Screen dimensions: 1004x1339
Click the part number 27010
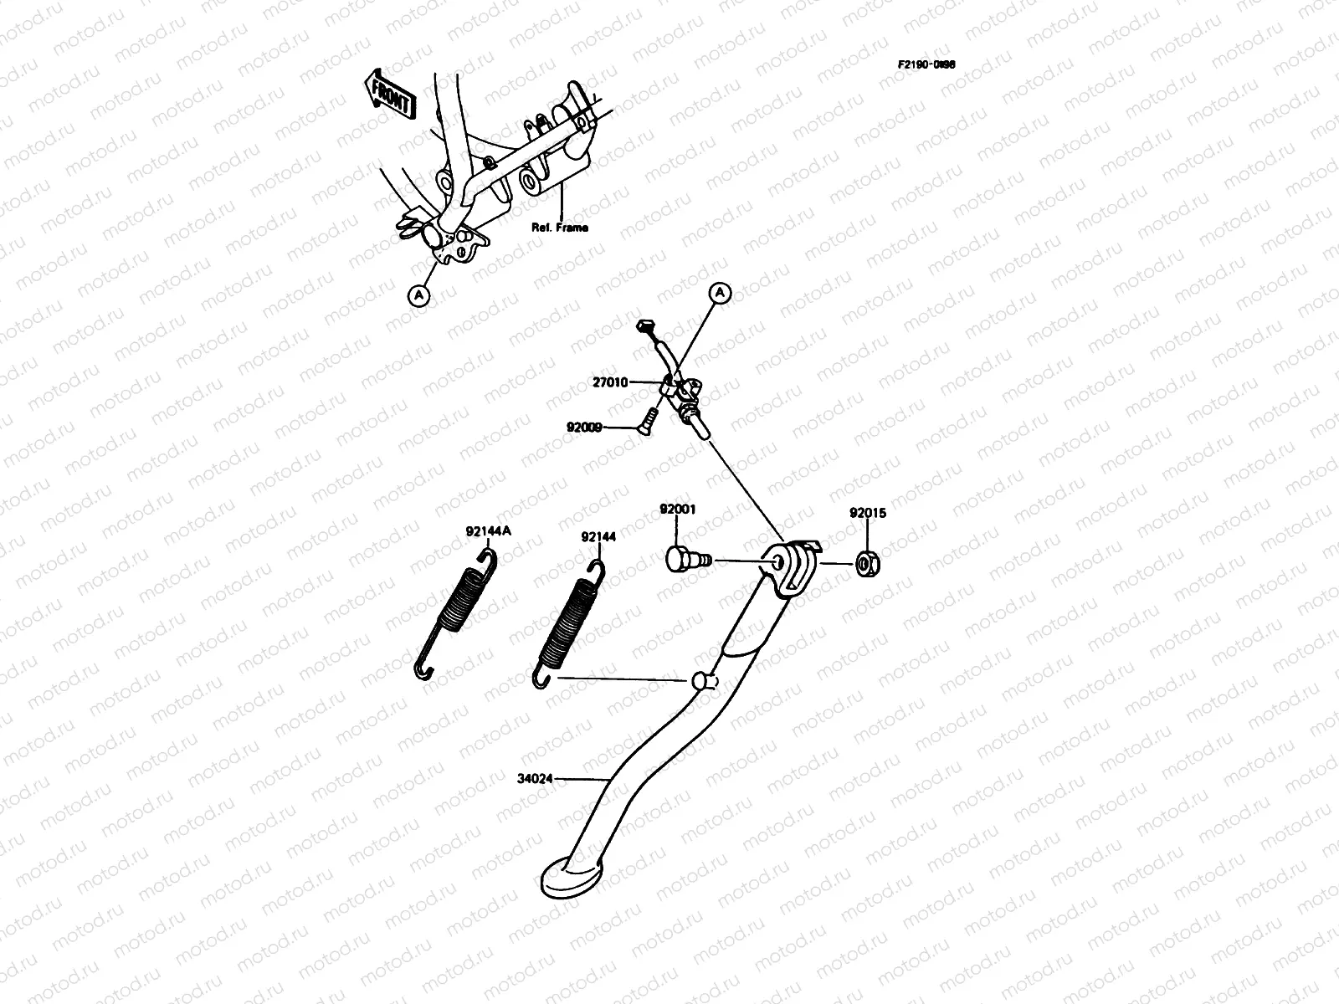(x=610, y=382)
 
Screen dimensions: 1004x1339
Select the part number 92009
(x=584, y=426)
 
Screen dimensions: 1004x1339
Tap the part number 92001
(x=677, y=510)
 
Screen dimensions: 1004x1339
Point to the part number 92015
(x=868, y=513)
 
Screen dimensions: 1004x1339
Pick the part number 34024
(x=534, y=778)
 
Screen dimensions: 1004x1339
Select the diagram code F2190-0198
(x=926, y=64)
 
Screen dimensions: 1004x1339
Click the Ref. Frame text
(x=560, y=227)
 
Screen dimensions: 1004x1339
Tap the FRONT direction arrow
(x=391, y=94)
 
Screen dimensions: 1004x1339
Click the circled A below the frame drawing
(x=418, y=295)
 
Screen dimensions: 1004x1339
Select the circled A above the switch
(x=720, y=293)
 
